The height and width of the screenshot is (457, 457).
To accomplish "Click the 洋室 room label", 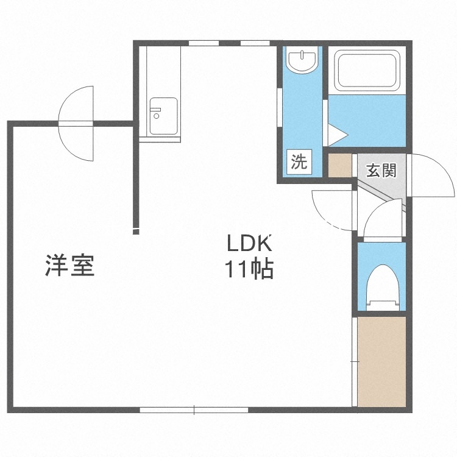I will [69, 266].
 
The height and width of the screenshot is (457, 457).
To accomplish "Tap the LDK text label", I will [249, 244].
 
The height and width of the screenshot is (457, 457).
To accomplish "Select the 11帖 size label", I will [249, 269].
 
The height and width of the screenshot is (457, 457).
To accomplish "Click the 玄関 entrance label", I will [381, 171].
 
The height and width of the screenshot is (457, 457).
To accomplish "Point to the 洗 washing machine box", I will [299, 162].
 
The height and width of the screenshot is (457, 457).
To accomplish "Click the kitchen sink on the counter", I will [164, 116].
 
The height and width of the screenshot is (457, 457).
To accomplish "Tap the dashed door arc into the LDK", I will [332, 210].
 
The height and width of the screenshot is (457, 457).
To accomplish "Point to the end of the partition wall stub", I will [136, 230].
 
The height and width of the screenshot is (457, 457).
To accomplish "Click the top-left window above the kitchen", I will [204, 43].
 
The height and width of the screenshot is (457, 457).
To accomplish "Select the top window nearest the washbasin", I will [256, 43].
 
